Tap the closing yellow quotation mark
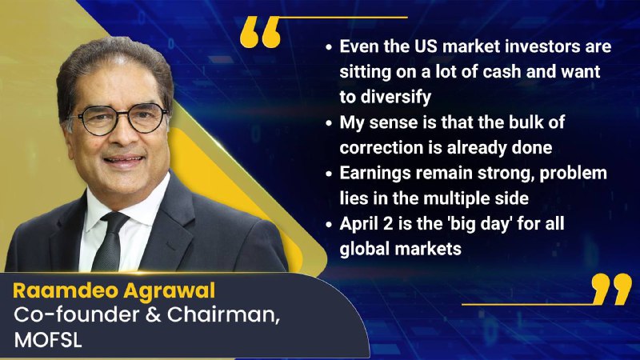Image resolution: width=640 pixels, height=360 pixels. pyautogui.click(x=611, y=289)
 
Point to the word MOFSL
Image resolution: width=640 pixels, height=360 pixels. pyautogui.click(x=48, y=339)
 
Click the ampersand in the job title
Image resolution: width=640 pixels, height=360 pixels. pyautogui.click(x=153, y=314)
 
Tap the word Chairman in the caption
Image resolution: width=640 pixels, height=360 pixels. pyautogui.click(x=223, y=314)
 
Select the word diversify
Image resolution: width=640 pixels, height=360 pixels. pyautogui.click(x=395, y=97)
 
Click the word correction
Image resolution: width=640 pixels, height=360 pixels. pyautogui.click(x=382, y=147)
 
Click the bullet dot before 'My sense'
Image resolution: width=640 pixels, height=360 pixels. pyautogui.click(x=329, y=123)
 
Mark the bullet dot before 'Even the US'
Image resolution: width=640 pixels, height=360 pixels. pyautogui.click(x=329, y=47)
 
